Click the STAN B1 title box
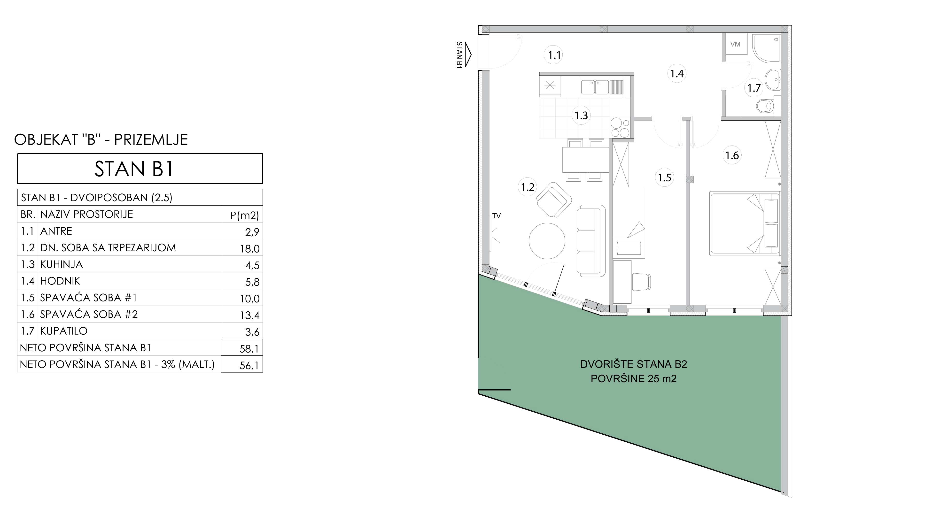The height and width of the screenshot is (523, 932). tap(140, 169)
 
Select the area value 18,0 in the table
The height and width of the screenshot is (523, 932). tap(250, 248)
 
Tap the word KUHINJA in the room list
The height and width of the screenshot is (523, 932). tap(62, 264)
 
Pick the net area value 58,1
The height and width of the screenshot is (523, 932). tap(249, 348)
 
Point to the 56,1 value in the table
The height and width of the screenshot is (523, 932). tap(249, 365)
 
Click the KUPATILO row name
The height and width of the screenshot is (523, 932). tap(64, 331)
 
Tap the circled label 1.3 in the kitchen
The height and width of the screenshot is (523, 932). tap(581, 115)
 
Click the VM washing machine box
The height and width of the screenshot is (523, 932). tap(735, 44)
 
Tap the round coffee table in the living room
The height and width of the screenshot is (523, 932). tap(547, 241)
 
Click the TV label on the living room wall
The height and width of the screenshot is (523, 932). tap(496, 216)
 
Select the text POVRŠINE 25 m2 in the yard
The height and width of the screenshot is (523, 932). tap(634, 379)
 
